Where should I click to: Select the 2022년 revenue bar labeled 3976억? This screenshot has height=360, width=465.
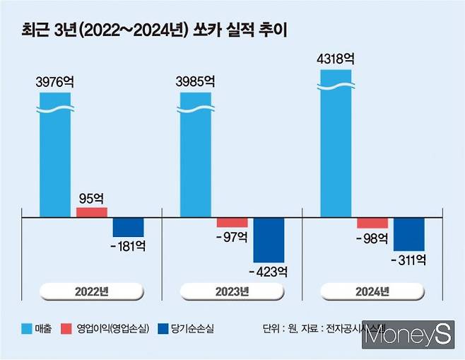coord(55,156)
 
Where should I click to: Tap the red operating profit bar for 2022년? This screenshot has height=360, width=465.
coord(92,212)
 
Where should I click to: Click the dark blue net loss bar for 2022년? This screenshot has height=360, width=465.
coord(129,227)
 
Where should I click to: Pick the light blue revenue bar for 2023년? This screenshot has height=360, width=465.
coord(196,156)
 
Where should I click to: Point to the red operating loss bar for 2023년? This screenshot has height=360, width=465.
coord(232,222)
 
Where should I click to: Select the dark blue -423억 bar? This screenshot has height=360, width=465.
coord(269,240)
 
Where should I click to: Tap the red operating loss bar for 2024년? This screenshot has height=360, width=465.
coord(372,222)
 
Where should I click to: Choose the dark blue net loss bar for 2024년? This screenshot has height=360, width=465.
coord(409,233)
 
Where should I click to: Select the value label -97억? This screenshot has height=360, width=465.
coord(232,238)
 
